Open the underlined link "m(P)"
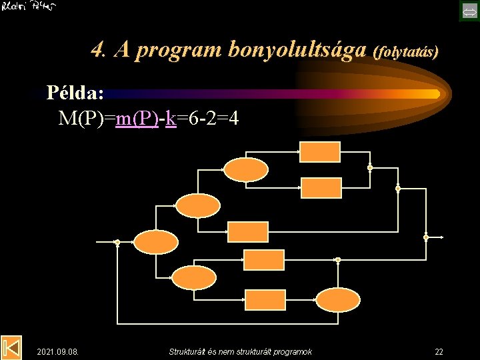[137, 119]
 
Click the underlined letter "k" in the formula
[171, 119]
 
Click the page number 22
[439, 351]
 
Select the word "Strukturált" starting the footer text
[190, 351]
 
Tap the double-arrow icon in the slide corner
[468, 11]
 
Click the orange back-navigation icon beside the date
[11, 347]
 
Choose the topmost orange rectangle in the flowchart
[319, 152]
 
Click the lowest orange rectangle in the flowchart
[264, 299]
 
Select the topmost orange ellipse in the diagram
[245, 169]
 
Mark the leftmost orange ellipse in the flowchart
[156, 241]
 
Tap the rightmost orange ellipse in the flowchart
[337, 299]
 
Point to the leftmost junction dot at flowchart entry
[117, 242]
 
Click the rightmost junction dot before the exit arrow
[426, 237]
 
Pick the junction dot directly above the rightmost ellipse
[337, 259]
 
